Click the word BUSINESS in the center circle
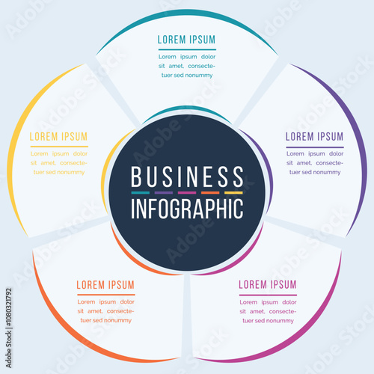point(187,177)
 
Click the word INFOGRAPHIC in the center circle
point(187,209)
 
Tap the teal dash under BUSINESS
point(141,193)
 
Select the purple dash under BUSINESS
point(164,193)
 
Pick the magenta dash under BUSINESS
point(187,193)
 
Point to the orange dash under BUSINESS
point(210,193)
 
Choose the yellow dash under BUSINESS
point(233,193)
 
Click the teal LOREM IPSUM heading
point(186,40)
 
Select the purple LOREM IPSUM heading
point(315,137)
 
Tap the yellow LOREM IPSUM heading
point(58,137)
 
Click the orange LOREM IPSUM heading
point(105,285)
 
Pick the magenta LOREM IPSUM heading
point(268,284)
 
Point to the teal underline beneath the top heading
point(187,49)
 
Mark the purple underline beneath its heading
point(315,147)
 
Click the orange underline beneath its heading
point(106,295)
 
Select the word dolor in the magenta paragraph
point(289,302)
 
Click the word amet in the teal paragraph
point(176,66)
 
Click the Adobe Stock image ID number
point(9,307)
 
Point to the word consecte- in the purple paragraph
point(330,163)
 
